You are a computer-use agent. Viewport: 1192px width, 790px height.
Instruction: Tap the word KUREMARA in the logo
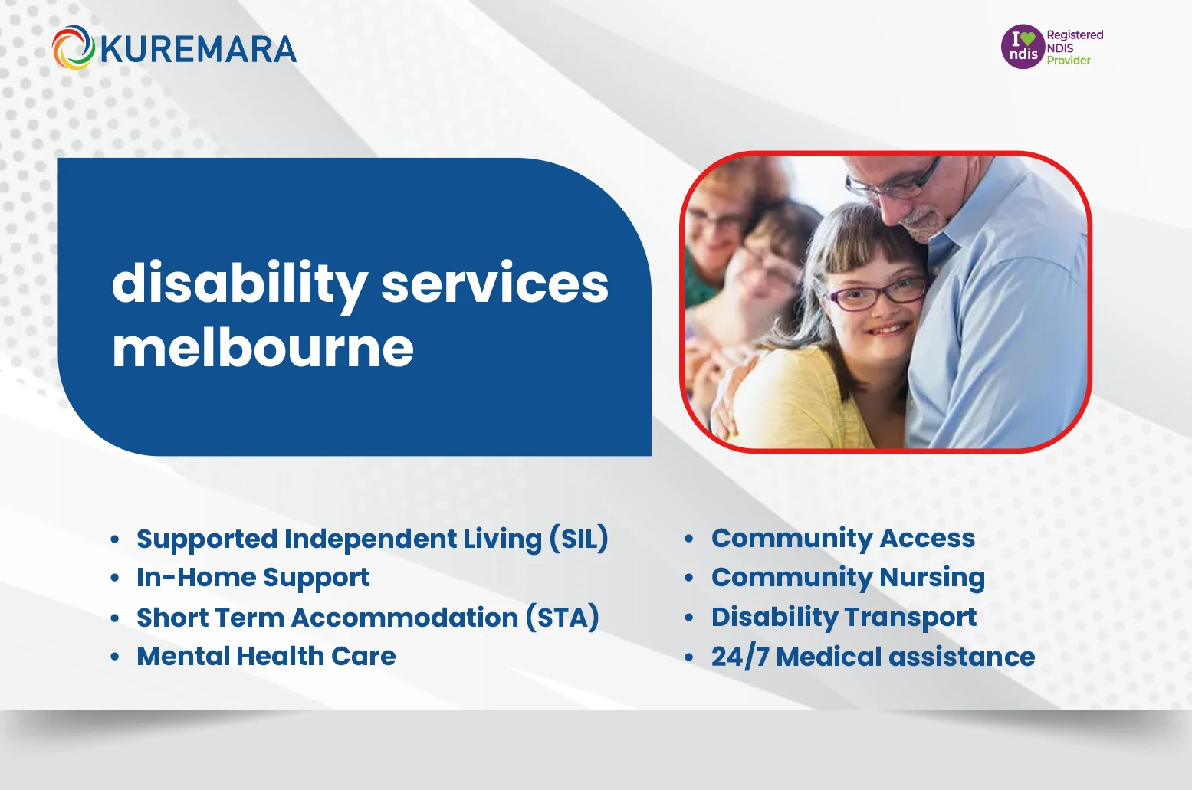tap(198, 50)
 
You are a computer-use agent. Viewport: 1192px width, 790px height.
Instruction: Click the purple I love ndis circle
tap(1023, 47)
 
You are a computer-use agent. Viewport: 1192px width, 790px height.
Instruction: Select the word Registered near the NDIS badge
tap(1075, 34)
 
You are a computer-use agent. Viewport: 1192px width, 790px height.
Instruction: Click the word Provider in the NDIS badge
tap(1068, 61)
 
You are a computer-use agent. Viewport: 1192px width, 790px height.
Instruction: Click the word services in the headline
tap(494, 284)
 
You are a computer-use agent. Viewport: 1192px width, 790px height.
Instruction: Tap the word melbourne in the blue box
tap(263, 349)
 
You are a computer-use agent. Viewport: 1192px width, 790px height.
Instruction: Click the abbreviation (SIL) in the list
tap(579, 539)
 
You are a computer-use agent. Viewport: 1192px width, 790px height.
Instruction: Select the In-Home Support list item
tap(253, 578)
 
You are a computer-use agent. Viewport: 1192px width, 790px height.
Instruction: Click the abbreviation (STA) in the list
tap(562, 618)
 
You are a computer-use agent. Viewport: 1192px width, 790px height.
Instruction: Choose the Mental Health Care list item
tap(266, 657)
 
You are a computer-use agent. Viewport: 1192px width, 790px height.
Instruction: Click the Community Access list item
tap(842, 539)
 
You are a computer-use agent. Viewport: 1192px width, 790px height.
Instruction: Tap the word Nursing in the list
tap(932, 578)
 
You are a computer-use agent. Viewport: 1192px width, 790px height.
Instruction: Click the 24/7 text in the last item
tap(739, 657)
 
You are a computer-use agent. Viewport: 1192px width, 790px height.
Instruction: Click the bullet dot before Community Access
tap(688, 539)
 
